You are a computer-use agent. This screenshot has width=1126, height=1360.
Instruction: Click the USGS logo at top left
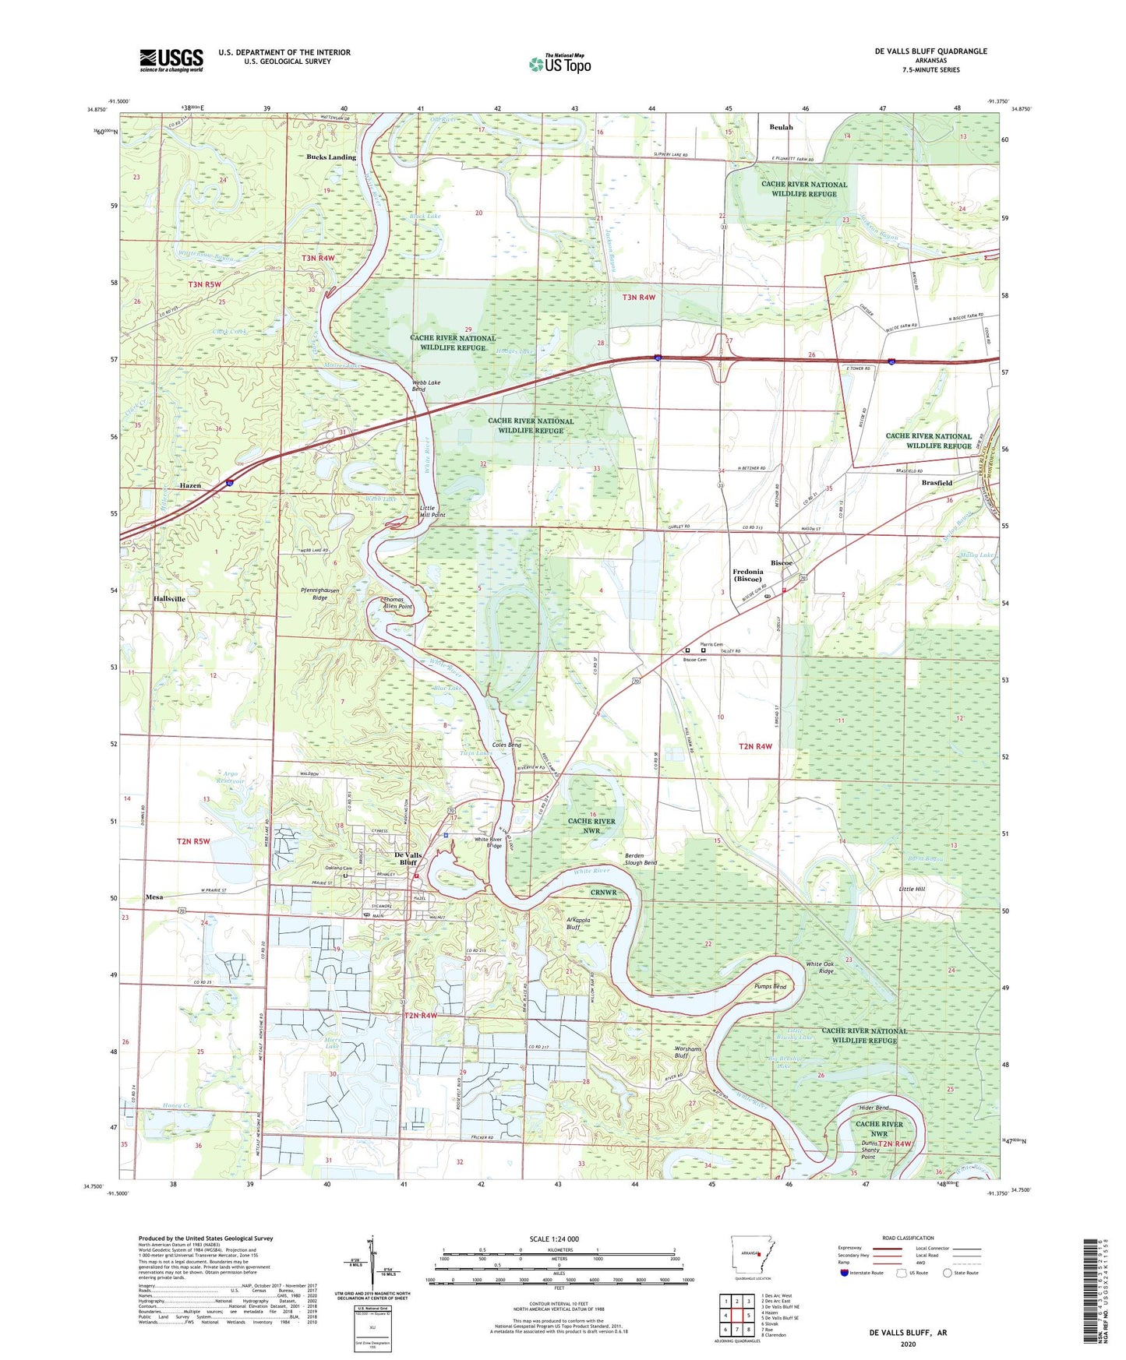tap(171, 59)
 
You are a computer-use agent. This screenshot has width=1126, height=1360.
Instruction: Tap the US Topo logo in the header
tap(560, 64)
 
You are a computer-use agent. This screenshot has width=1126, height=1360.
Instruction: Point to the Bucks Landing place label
tap(330, 157)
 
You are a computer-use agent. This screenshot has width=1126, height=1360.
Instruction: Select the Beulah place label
tap(781, 127)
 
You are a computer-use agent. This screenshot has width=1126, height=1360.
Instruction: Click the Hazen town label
tap(190, 485)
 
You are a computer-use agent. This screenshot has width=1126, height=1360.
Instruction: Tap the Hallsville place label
tap(169, 599)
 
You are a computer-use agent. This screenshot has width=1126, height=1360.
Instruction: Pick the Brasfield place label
tap(937, 483)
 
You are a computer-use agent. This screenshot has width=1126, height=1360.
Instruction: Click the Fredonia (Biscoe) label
tap(748, 576)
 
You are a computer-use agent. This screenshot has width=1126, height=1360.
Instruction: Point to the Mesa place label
tap(154, 897)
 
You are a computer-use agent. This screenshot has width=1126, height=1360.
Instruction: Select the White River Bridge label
tap(489, 843)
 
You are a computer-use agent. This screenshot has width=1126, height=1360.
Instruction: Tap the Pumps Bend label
tap(770, 987)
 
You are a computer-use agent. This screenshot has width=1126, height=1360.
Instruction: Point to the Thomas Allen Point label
tap(397, 603)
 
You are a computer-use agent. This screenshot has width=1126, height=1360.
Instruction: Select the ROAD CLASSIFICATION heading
tap(908, 1238)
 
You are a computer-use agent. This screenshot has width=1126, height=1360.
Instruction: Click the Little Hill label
tap(911, 889)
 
